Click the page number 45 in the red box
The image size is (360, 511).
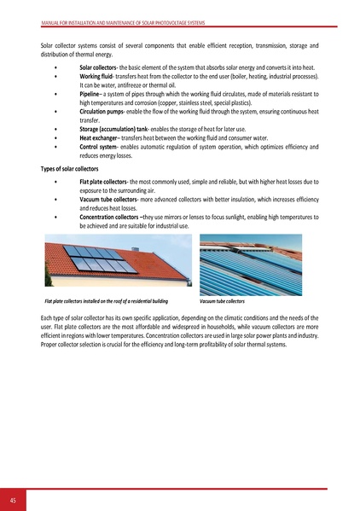[14, 499]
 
